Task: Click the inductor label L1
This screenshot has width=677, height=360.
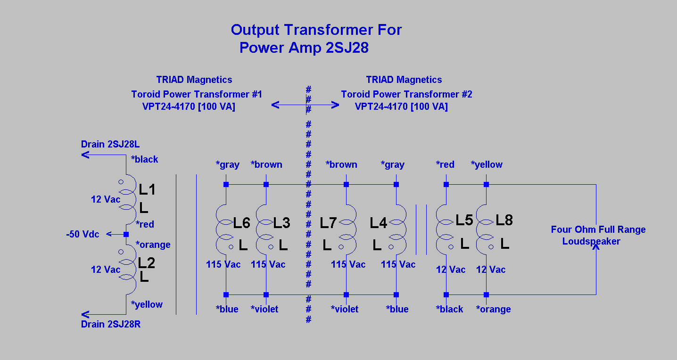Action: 147,189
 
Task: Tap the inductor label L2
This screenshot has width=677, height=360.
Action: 147,263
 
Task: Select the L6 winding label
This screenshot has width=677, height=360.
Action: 241,223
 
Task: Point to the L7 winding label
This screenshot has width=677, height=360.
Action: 328,223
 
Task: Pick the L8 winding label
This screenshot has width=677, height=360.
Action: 504,220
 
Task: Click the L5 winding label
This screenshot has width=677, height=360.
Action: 464,220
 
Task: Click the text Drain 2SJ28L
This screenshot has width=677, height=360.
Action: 110,144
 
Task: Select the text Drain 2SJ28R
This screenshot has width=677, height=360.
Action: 111,324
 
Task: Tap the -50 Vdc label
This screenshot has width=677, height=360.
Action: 83,234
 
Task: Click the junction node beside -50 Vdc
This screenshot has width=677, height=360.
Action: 126,234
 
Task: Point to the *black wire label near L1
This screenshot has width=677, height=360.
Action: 144,159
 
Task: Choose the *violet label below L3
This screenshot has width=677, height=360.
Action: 264,309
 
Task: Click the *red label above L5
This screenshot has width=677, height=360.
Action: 445,164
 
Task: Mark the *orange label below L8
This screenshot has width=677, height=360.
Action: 493,309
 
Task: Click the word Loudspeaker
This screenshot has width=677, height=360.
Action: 591,241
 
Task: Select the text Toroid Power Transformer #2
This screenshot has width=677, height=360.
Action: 406,94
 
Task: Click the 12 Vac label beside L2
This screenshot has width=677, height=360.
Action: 106,270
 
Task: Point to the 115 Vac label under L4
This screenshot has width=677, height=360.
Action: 398,264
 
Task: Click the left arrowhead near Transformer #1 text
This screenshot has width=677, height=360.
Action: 275,105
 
